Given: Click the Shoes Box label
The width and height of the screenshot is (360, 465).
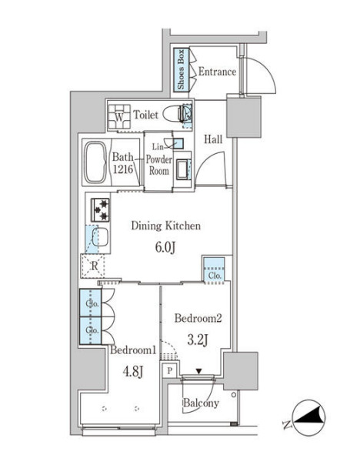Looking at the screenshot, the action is pos(181,70).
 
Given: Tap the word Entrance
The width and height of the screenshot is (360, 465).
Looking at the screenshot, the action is pos(217,72).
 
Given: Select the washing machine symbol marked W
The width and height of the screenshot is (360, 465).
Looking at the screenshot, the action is pos(119,116).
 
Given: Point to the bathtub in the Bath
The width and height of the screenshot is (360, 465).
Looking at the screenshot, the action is pos(95,162).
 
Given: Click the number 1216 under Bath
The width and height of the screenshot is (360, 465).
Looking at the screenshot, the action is pos(122,169).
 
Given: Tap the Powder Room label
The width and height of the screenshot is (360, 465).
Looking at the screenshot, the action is pos(159,166).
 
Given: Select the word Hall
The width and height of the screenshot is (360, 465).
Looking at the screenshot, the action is pos(213,139).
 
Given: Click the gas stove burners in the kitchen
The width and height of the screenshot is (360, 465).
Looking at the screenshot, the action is pos(100,210).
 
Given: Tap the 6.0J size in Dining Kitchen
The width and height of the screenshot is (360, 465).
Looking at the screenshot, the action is pos(165,247).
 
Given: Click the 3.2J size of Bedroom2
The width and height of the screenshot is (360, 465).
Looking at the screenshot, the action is pos(198,340).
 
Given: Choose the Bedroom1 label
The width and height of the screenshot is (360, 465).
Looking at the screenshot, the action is pos(133,350).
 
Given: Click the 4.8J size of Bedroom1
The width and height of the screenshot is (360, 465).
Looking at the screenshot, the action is pos(133,371).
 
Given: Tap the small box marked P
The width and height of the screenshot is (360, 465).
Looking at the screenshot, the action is pos(170,371).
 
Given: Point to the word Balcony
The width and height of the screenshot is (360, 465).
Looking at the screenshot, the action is pos(201,403).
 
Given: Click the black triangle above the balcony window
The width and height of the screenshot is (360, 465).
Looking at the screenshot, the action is pos(198,371).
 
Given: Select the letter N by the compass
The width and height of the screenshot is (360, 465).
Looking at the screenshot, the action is pos(286,425).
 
